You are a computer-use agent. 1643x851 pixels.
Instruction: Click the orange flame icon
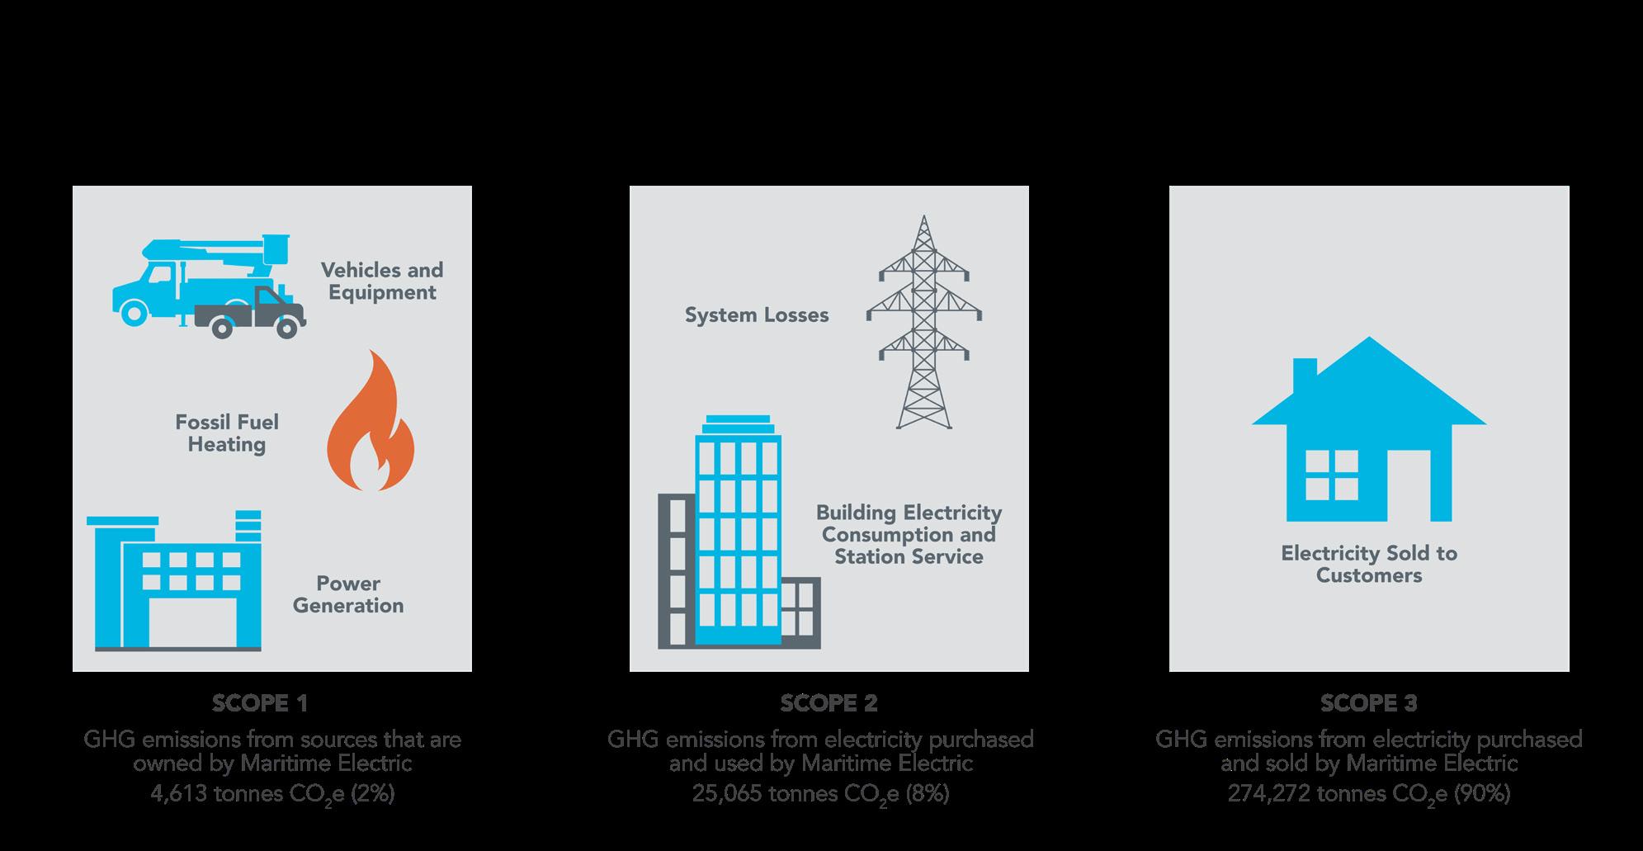371,425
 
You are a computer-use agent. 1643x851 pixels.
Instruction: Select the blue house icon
1369,433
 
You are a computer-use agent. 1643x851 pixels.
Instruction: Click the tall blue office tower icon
738,532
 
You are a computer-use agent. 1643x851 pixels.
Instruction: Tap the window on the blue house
1330,476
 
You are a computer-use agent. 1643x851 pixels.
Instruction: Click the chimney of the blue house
1305,374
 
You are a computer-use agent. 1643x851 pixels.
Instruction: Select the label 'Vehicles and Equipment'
382,281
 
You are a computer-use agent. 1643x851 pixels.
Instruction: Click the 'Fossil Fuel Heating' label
227,433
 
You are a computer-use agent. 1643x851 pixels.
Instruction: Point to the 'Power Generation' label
348,594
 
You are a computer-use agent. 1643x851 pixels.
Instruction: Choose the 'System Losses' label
757,315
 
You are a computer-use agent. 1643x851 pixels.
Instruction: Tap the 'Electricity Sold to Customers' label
1369,565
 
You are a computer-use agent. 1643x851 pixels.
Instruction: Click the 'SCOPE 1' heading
260,703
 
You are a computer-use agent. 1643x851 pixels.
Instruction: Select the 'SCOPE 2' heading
829,703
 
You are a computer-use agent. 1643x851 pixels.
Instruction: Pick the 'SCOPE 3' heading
1368,703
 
